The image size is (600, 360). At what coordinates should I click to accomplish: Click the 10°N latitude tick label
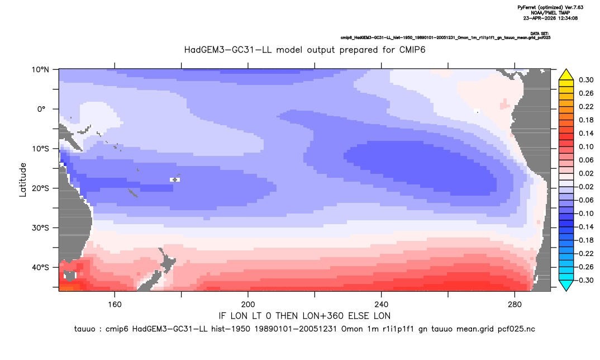[x=40, y=70]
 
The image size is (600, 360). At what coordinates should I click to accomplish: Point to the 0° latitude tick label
[x=41, y=109]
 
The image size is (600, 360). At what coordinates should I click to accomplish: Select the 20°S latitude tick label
[x=40, y=188]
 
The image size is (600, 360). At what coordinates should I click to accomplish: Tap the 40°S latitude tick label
[x=40, y=267]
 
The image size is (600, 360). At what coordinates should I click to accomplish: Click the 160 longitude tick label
[x=115, y=305]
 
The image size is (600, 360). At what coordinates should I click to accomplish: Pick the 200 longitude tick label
[x=248, y=305]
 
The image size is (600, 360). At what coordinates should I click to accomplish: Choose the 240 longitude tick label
[x=381, y=305]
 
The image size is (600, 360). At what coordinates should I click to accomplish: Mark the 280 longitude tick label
[x=515, y=305]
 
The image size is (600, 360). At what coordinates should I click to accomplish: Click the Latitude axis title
[x=23, y=180]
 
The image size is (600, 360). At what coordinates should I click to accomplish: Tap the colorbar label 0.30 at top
[x=586, y=80]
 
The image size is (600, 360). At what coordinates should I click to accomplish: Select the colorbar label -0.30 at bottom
[x=584, y=280]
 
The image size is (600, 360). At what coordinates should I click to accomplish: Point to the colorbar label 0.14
[x=586, y=133]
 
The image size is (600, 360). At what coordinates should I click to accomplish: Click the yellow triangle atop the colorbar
[x=566, y=75]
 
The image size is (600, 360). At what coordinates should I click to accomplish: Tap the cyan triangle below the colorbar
[x=566, y=285]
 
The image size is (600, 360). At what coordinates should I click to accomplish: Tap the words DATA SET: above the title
[x=540, y=34]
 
